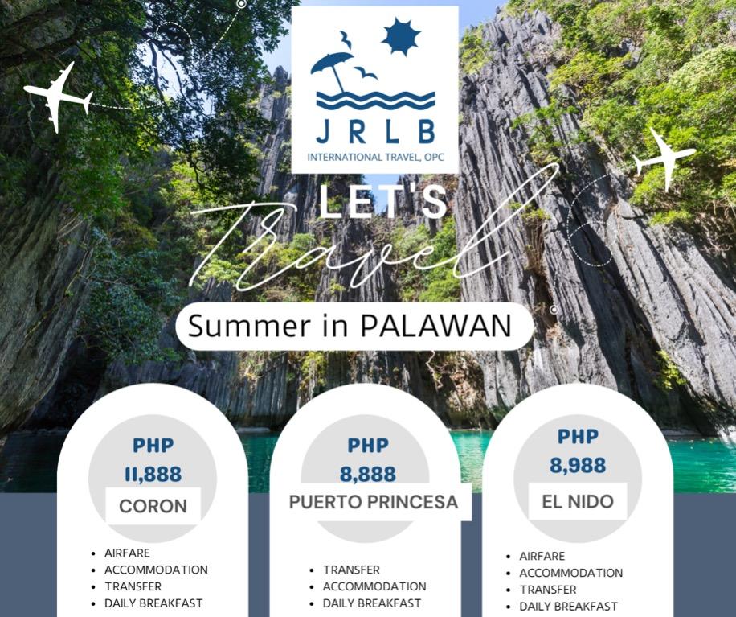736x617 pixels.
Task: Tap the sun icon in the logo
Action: point(400,37)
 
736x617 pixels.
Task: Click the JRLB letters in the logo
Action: point(375,130)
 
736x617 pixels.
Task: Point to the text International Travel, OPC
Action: point(375,157)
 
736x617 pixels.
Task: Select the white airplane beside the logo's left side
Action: point(58,97)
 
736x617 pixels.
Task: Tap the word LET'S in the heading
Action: point(382,201)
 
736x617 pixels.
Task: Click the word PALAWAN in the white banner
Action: point(435,326)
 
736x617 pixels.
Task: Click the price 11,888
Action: point(153,475)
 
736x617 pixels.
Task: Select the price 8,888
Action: point(367,475)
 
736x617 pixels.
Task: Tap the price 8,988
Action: point(578,465)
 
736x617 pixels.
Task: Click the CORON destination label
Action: point(153,507)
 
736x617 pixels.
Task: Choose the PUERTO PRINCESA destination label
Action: point(374,502)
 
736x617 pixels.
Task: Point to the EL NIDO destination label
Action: point(578,501)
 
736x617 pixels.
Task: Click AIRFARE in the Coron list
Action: point(127,553)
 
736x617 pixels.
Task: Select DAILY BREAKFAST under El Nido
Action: point(568,607)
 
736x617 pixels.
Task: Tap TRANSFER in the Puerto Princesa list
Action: point(351,570)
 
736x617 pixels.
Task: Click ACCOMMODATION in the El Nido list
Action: point(570,573)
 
